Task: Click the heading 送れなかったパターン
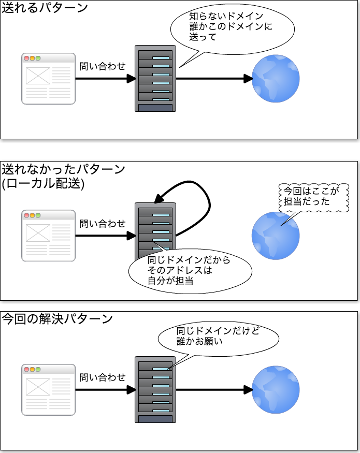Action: pyautogui.click(x=63, y=169)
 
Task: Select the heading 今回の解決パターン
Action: pyautogui.click(x=57, y=318)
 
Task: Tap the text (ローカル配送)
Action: pyautogui.click(x=43, y=183)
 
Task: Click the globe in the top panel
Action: pyautogui.click(x=276, y=79)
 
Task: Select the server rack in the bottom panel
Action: pyautogui.click(x=155, y=389)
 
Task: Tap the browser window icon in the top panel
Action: pyautogui.click(x=48, y=79)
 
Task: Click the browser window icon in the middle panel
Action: pyautogui.click(x=48, y=235)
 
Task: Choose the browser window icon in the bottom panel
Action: pyautogui.click(x=48, y=390)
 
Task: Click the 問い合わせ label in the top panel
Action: pyautogui.click(x=103, y=66)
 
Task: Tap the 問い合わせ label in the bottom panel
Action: pyautogui.click(x=103, y=377)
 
